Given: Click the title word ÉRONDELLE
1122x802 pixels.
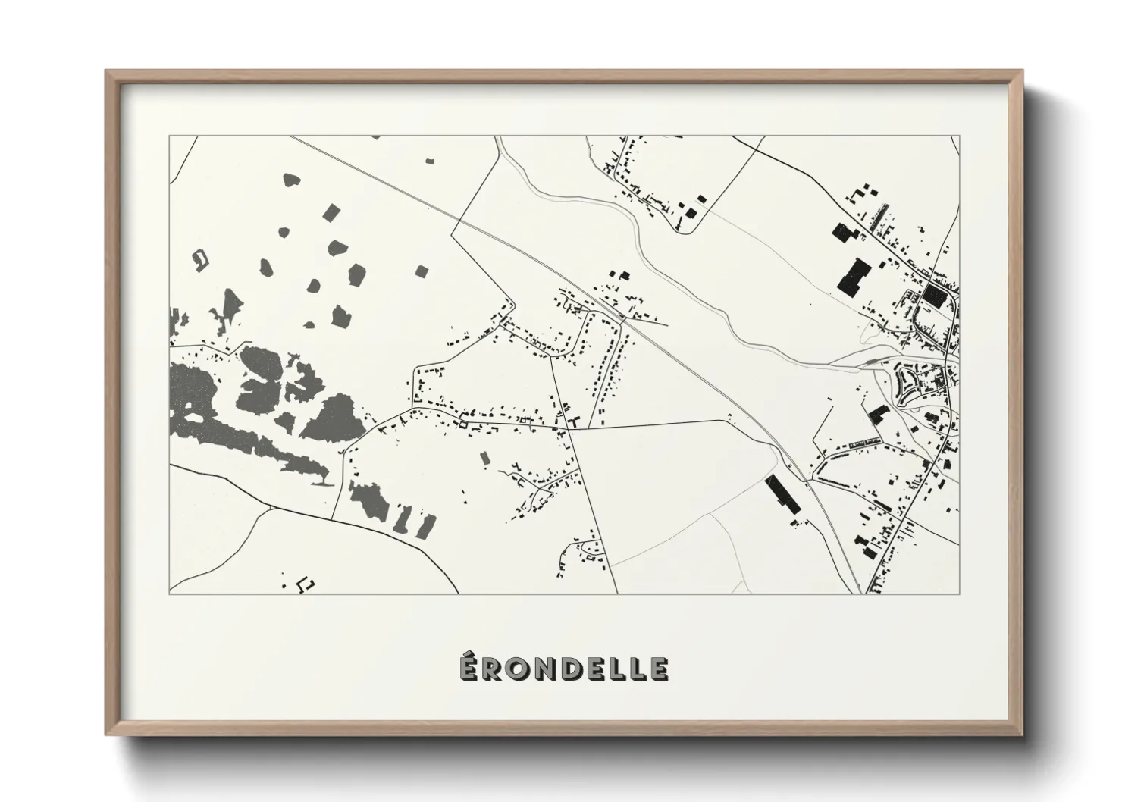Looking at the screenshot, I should (563, 668).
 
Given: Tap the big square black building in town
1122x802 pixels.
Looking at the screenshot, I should (934, 296).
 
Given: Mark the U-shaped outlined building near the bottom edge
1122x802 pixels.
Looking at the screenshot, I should (306, 584).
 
